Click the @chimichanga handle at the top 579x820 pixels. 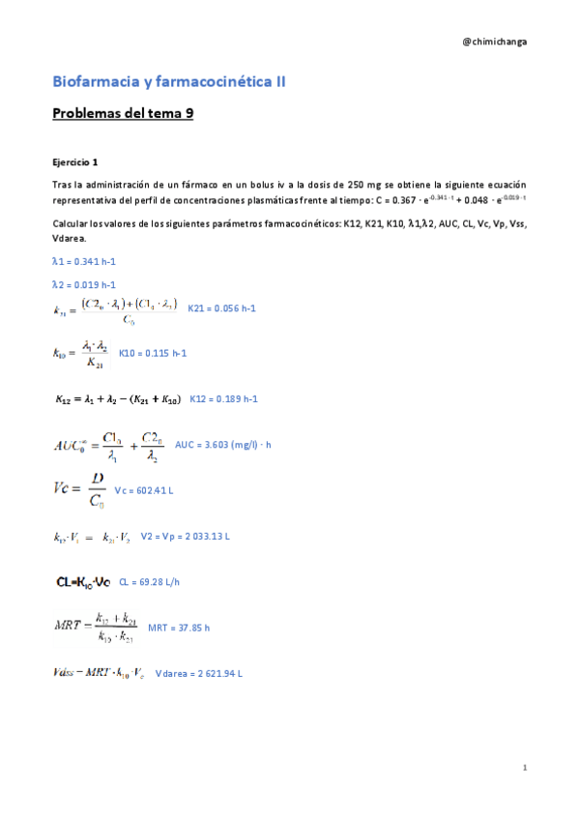click(495, 42)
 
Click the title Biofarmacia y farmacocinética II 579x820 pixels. click(168, 82)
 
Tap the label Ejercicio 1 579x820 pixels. click(75, 161)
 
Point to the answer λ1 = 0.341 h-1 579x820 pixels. click(84, 262)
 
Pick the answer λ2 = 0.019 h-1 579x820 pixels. click(84, 285)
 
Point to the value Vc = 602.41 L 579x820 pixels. click(144, 491)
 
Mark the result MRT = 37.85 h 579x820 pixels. click(179, 628)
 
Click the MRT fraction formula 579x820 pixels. click(93, 628)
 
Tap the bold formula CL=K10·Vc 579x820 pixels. click(83, 583)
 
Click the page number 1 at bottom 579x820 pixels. click(523, 768)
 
